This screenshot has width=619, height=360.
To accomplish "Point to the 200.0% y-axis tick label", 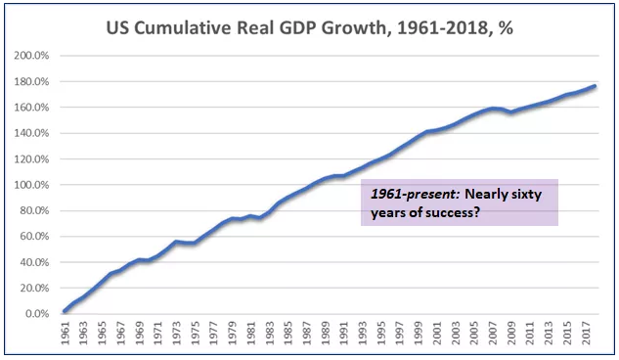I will [x=32, y=56].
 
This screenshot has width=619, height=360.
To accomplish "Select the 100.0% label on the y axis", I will [x=32, y=185].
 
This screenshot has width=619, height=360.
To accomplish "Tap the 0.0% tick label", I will [x=37, y=314].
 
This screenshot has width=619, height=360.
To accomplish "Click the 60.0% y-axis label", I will [x=34, y=237].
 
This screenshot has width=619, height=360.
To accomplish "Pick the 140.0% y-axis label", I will [x=32, y=133].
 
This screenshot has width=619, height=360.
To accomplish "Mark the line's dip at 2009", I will [x=510, y=112].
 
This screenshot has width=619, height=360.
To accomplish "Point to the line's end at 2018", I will [x=595, y=87].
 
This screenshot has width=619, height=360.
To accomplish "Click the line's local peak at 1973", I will [x=176, y=242].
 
